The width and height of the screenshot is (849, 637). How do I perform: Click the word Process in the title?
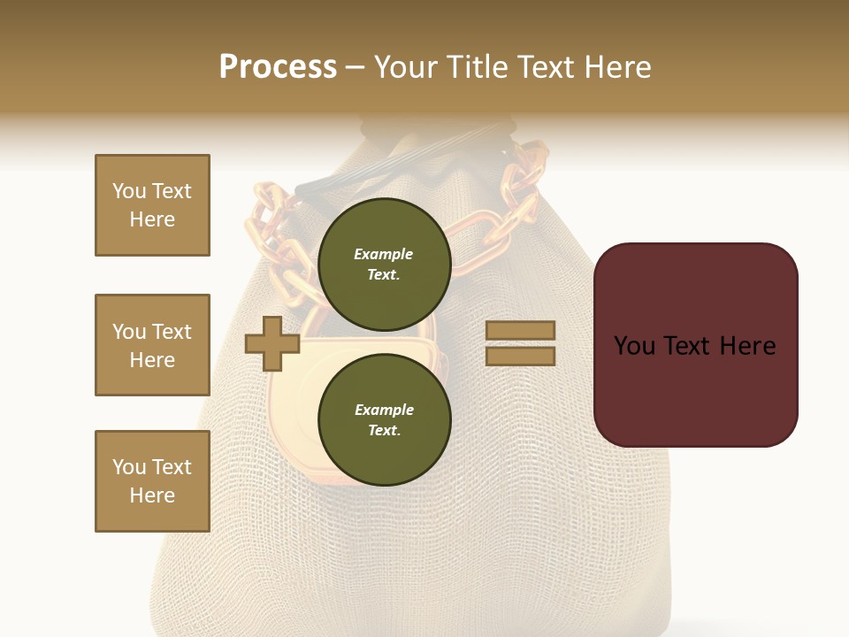click(x=278, y=67)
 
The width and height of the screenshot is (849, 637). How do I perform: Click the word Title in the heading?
click(x=478, y=67)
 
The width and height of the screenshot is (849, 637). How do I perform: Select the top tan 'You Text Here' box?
click(x=152, y=205)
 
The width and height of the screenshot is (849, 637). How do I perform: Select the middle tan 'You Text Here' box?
click(x=152, y=345)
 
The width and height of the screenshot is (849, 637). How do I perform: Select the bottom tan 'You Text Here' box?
click(x=152, y=481)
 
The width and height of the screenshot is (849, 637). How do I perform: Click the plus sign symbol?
click(x=272, y=343)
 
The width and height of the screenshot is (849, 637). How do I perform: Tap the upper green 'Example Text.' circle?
click(x=384, y=264)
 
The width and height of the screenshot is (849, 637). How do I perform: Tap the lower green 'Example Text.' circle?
click(x=384, y=419)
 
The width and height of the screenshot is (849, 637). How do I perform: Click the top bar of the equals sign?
click(x=520, y=330)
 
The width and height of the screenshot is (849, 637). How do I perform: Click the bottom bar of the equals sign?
click(x=520, y=356)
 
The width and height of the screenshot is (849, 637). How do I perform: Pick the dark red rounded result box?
click(x=695, y=345)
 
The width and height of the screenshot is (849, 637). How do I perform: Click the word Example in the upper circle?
click(x=384, y=254)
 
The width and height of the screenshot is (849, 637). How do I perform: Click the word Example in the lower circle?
click(x=384, y=410)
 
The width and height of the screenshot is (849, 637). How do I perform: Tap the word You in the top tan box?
click(x=129, y=191)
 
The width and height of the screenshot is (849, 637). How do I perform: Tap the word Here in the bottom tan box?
click(x=152, y=495)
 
